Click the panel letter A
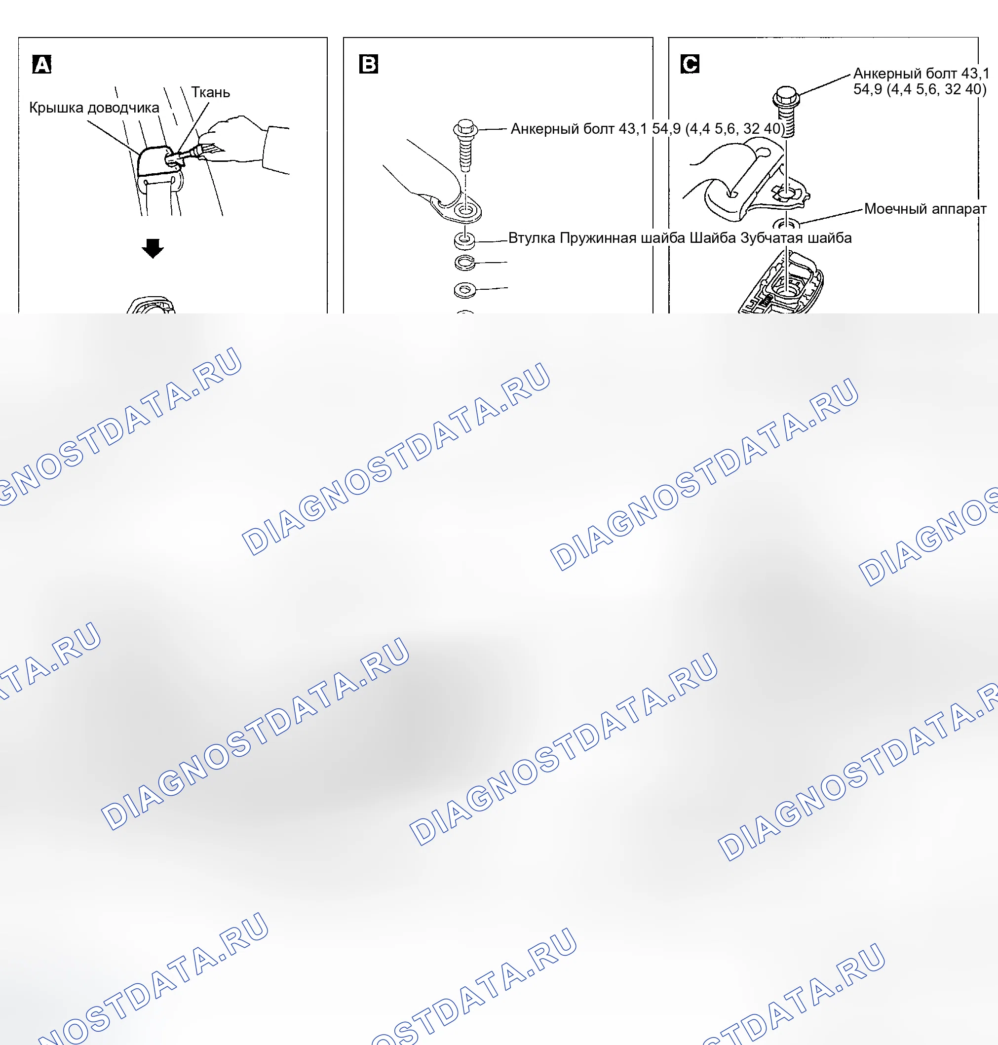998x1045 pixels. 41,64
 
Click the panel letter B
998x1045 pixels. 369,64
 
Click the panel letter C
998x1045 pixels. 690,64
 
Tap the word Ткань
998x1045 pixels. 211,93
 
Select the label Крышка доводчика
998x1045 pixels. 94,108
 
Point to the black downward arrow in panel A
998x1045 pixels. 153,248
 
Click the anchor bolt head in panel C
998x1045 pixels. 786,96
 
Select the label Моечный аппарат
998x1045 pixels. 925,209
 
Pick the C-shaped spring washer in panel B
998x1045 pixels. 465,263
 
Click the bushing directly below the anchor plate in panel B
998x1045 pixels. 465,240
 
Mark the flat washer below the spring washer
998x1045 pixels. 465,290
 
